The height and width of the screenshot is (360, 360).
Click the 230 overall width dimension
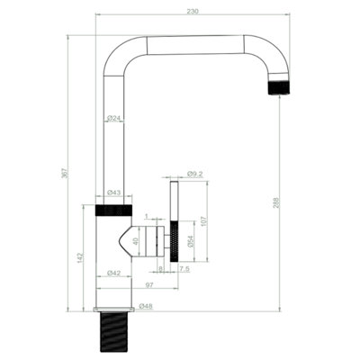[x=193, y=12]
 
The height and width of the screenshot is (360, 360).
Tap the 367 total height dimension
[x=65, y=173]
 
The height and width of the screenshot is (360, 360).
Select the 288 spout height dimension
[x=276, y=202]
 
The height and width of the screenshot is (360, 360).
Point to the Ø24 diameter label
[x=113, y=118]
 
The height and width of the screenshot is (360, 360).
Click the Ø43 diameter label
[x=113, y=192]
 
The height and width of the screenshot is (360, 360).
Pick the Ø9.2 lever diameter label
[x=195, y=174]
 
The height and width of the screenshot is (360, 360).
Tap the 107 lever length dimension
[x=204, y=221]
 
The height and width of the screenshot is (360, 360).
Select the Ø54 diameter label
[x=191, y=241]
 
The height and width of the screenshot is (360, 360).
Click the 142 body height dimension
[x=80, y=258]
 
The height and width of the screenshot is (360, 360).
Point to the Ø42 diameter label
[x=113, y=273]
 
